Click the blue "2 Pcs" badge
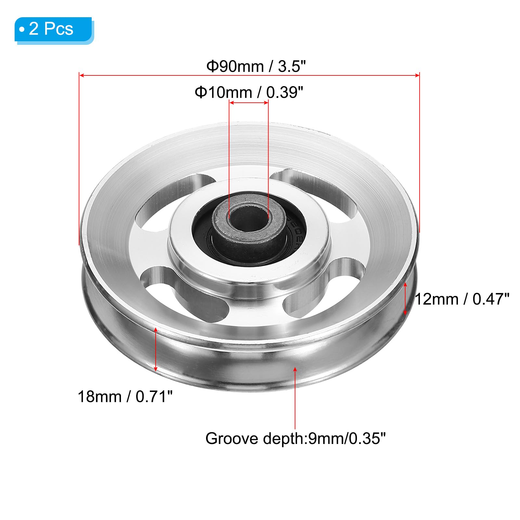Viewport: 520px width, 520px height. (54, 30)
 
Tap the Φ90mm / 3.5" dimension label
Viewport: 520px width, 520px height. (256, 66)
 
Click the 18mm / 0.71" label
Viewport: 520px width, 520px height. (125, 396)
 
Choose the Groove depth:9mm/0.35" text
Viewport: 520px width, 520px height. (295, 439)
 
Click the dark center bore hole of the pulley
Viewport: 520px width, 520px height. (249, 218)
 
